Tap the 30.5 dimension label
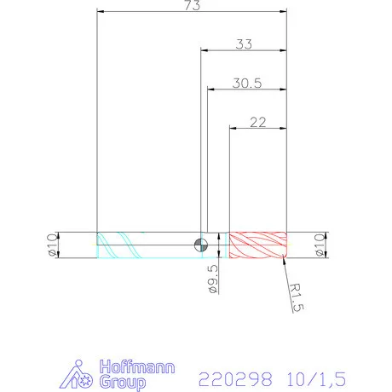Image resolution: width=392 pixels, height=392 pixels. (246, 84)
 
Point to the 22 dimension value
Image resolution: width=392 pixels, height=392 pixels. (259, 122)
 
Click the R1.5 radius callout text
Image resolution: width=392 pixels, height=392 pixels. (295, 298)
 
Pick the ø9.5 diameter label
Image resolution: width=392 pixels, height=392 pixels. (213, 280)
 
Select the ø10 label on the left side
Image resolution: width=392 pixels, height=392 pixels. (50, 245)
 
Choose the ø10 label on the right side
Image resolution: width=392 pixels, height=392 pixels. (320, 245)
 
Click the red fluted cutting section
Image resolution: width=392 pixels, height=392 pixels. (259, 245)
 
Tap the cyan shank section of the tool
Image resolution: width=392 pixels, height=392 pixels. (145, 245)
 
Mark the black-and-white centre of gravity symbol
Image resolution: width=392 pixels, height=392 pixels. (201, 245)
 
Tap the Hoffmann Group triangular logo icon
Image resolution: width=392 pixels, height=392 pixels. (81, 375)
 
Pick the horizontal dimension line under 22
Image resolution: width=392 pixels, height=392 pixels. (259, 129)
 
